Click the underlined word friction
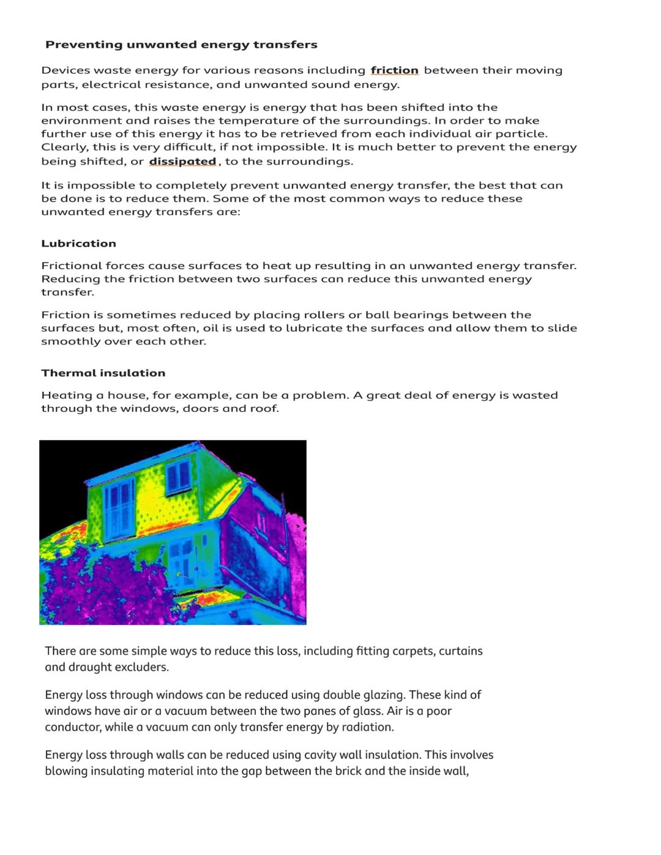coord(394,70)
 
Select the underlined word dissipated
coord(182,162)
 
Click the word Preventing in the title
coord(84,45)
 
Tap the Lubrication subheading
coord(78,244)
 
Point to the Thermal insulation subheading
coord(103,373)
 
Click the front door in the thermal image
coord(181,560)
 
